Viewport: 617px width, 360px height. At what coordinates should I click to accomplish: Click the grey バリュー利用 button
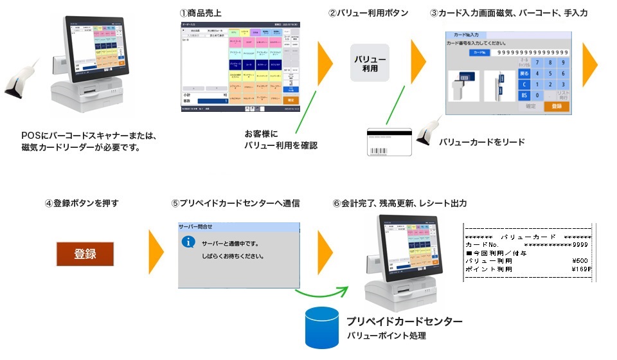[370, 63]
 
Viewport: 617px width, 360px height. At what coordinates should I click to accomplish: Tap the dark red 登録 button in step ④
[85, 254]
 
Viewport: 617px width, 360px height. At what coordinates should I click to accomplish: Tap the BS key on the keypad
[524, 95]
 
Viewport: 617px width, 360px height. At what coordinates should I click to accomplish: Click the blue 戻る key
[524, 73]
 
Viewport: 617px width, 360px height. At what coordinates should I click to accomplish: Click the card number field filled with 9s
[529, 52]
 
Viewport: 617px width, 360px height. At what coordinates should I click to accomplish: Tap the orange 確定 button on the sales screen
[291, 100]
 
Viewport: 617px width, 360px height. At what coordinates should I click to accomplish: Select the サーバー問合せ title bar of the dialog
[238, 227]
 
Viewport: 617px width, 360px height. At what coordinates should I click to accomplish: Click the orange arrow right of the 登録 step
[156, 253]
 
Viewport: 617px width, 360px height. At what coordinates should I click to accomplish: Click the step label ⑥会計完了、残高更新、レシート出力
[399, 203]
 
